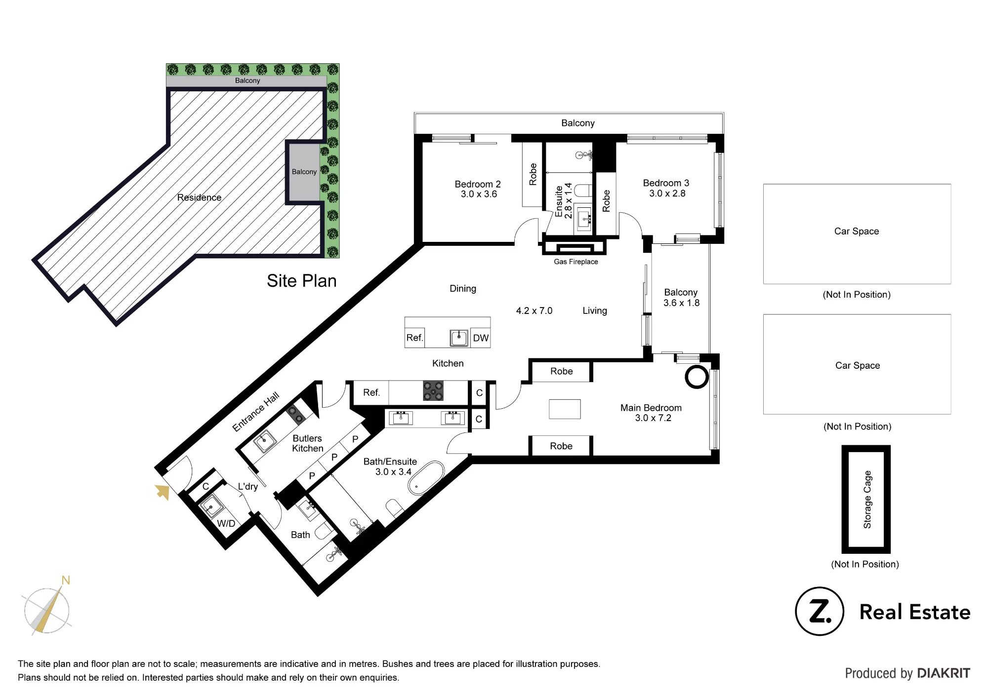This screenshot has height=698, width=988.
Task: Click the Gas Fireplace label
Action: pos(576,262)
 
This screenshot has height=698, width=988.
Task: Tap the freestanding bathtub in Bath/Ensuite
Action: pos(426,477)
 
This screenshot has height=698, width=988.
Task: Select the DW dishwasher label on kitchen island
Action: pos(481,338)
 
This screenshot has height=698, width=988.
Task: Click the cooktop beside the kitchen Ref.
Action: pos(433,391)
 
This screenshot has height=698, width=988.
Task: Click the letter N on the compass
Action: pos(66,581)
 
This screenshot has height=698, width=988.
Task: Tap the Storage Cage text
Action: pos(867,500)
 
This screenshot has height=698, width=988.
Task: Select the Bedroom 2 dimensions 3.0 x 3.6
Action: pos(479,194)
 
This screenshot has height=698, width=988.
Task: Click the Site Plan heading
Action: pos(302,281)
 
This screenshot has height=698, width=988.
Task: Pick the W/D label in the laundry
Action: pos(226,523)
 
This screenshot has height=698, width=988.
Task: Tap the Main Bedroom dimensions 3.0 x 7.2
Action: pos(653,418)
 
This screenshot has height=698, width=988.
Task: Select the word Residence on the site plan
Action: pos(199,197)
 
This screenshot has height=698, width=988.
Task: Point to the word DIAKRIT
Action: pos(944,673)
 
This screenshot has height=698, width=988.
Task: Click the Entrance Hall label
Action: pos(256,412)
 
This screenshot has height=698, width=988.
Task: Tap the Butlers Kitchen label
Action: pos(307,443)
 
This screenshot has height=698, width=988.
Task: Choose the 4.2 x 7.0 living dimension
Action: pos(534,310)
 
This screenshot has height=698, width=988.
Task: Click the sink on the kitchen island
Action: pos(459,338)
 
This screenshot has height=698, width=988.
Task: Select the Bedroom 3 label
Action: pos(666,183)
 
